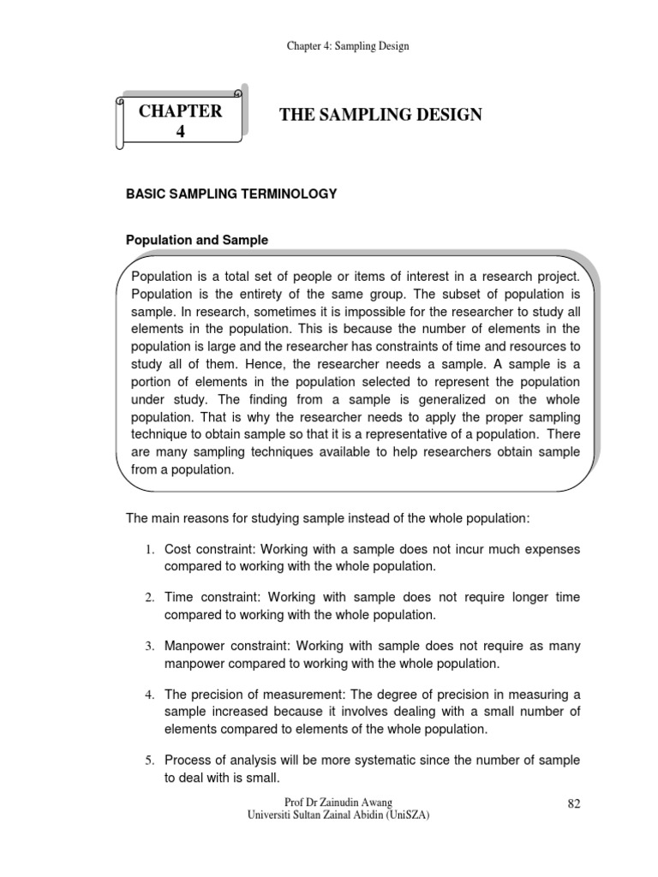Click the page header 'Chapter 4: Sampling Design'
click(x=347, y=45)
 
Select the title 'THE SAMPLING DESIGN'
click(x=380, y=115)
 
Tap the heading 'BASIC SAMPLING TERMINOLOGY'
click(x=231, y=194)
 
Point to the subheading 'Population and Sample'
click(x=197, y=241)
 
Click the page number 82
click(x=574, y=802)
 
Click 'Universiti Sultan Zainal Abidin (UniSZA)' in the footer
click(x=338, y=816)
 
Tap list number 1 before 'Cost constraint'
click(x=148, y=549)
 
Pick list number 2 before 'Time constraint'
click(x=148, y=597)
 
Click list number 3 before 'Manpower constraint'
click(x=148, y=645)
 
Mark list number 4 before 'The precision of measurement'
click(x=148, y=693)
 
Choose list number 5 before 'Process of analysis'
click(x=148, y=761)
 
